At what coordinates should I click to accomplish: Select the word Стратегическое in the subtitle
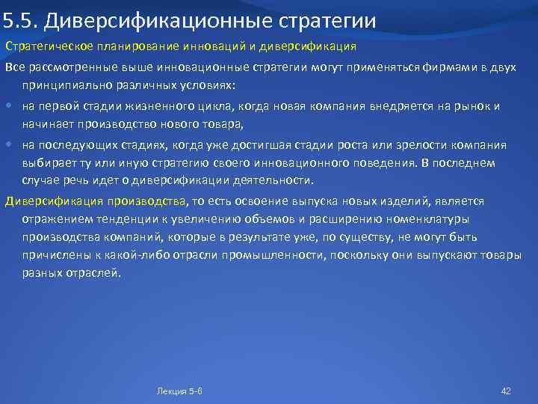[x=42, y=46]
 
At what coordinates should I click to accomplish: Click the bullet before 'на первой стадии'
[x=10, y=107]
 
